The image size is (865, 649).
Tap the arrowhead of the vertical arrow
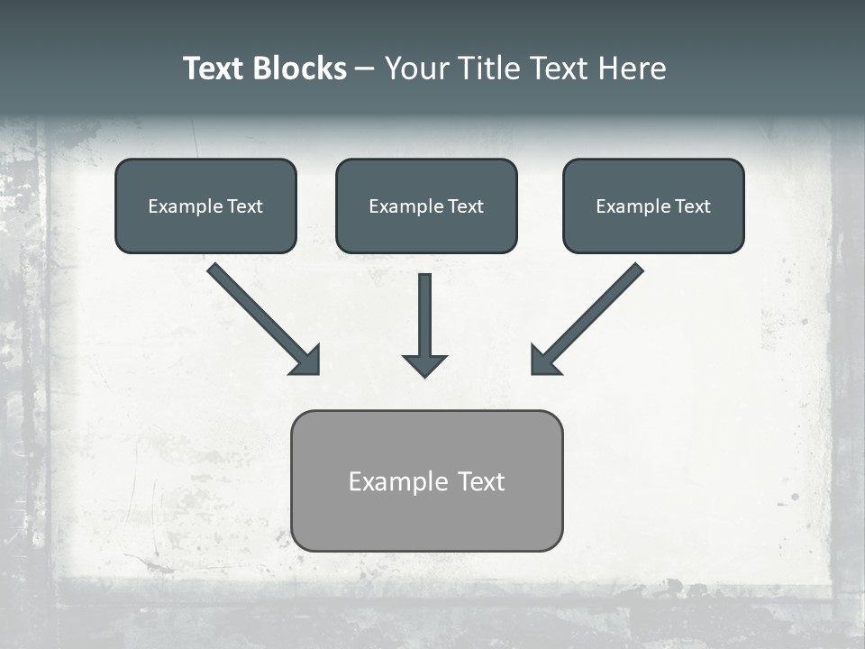(x=424, y=365)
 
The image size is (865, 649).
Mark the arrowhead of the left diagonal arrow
(x=307, y=361)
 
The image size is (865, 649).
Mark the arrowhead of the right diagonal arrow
(x=542, y=361)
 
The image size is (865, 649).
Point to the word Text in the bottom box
(x=481, y=481)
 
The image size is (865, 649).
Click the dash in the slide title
(x=365, y=69)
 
